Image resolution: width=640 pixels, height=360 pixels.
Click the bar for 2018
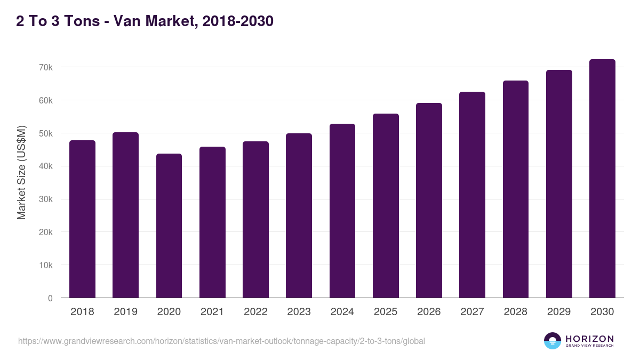82,219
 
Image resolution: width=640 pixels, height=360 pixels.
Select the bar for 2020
169,226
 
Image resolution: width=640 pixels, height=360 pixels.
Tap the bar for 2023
299,215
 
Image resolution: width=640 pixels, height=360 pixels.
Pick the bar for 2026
429,201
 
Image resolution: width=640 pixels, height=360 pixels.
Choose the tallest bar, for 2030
602,179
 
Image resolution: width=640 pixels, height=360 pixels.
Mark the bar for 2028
515,189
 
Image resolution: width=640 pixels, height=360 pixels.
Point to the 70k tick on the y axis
45,68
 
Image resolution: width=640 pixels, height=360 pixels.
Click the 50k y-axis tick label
45,134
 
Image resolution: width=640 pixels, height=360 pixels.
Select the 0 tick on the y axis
50,299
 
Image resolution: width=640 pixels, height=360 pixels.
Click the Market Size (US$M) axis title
21,172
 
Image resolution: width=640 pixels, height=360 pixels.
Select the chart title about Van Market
145,21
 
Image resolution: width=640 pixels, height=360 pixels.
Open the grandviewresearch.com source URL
221,341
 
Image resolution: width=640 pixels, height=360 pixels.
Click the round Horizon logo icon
553,341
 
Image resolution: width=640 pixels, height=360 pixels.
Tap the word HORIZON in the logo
589,338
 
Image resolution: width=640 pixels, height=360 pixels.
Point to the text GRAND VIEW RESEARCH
589,346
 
